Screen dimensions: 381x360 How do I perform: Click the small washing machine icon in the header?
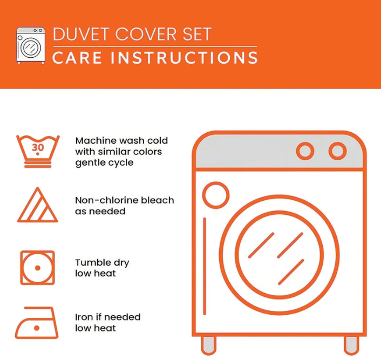tap(31, 45)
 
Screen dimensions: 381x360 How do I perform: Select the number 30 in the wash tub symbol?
tap(38, 147)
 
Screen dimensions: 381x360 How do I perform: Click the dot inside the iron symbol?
tap(37, 328)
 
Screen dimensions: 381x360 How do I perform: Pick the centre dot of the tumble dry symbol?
tap(37, 268)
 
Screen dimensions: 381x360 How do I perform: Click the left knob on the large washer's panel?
tap(305, 151)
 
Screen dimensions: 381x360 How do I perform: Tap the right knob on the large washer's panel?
tap(337, 151)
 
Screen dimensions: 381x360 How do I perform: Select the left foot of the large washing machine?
tap(208, 345)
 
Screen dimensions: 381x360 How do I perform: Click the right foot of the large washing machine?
tap(351, 345)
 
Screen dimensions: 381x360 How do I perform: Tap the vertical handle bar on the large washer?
tap(205, 267)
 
